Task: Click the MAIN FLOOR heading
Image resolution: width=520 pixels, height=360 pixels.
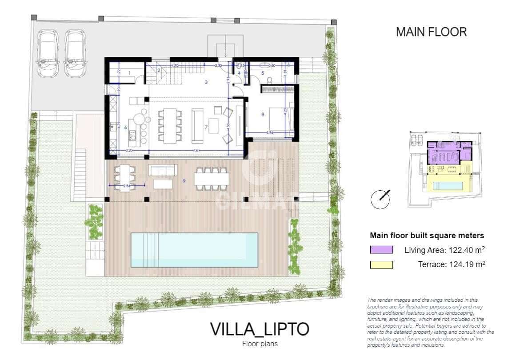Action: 431,32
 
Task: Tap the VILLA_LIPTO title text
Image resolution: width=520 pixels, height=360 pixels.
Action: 259,329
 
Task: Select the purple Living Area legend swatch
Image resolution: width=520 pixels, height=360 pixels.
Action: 381,250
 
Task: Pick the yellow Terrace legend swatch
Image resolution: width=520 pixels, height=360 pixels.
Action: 381,265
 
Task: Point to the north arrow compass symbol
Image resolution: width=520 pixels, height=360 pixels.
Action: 380,199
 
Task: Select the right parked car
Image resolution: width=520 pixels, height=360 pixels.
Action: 75,53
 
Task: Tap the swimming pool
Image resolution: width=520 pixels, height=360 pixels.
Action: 194,250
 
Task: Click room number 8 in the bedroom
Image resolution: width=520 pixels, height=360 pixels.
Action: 263,115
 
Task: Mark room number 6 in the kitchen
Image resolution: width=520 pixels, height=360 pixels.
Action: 126,128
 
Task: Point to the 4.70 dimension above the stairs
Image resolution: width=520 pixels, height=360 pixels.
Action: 175,66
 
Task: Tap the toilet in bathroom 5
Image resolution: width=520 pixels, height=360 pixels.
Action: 269,80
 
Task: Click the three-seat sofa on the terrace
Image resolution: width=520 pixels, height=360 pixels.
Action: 163,170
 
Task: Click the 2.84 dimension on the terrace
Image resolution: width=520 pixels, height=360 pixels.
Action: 126,186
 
